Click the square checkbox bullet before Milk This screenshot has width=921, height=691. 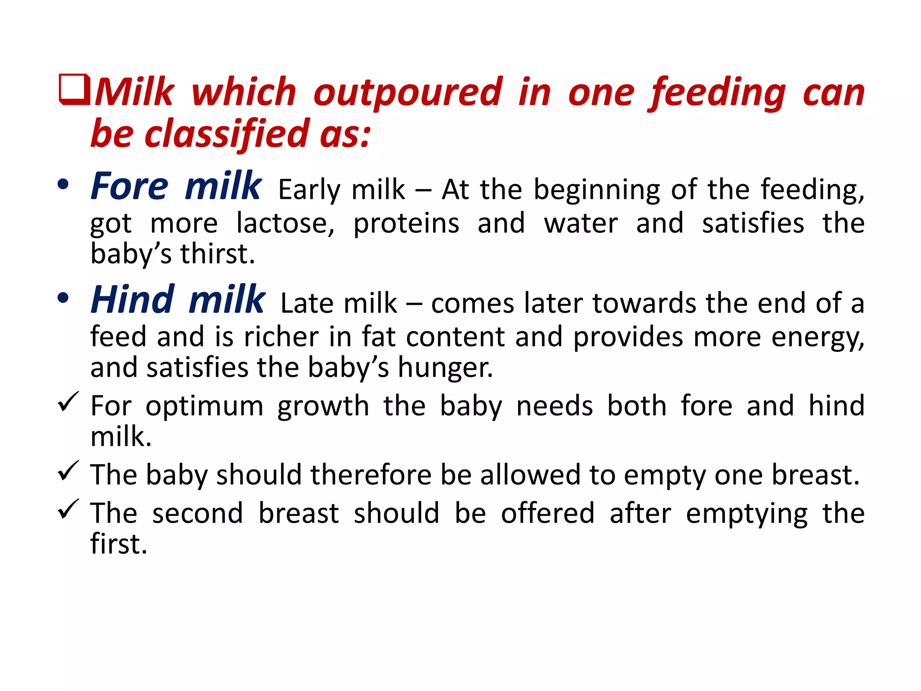coord(75,90)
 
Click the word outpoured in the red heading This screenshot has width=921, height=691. coord(407,92)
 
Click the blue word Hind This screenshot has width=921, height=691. coord(133,300)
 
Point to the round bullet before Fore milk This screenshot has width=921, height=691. coord(63,184)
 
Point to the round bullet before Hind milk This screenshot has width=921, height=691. coord(63,298)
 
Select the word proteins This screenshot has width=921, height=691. coord(406,223)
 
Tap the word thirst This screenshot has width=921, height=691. coord(218,254)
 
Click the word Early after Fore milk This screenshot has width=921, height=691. coord(310,189)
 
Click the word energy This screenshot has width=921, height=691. coord(818,337)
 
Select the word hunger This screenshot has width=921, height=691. coord(445,368)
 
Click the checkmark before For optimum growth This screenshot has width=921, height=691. coord(68,401)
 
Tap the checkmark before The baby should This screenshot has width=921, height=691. coord(68,471)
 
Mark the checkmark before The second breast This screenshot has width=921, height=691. coord(68,509)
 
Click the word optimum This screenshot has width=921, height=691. coord(205,407)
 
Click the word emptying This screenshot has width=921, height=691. coord(747,514)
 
